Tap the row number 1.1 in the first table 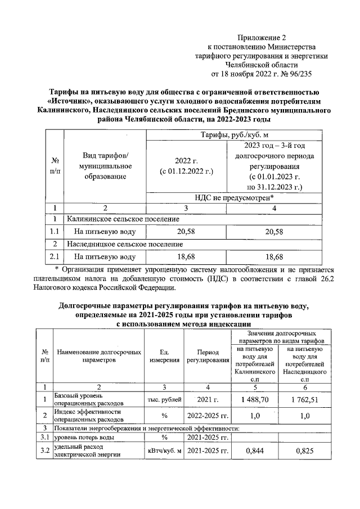click(x=55, y=231)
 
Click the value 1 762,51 click(x=305, y=399)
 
